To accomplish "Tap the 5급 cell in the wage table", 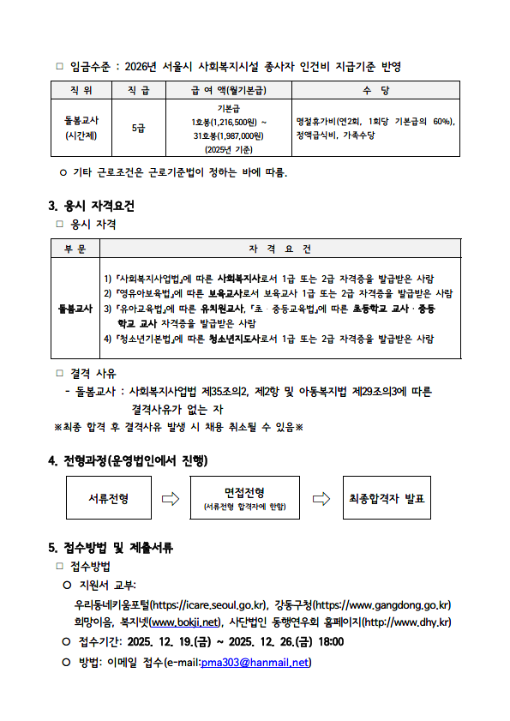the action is [x=139, y=128].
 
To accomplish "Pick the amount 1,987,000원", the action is [x=239, y=135].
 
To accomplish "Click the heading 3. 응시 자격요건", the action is [x=91, y=206].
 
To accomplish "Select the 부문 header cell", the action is [x=75, y=249].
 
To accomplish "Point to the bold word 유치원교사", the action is [x=219, y=308].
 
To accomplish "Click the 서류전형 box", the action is [x=109, y=498].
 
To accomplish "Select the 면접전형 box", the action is [x=244, y=498].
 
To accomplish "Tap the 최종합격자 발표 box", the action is [x=387, y=498].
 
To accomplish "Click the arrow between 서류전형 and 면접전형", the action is [x=171, y=498].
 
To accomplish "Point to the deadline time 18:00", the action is [x=330, y=642].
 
